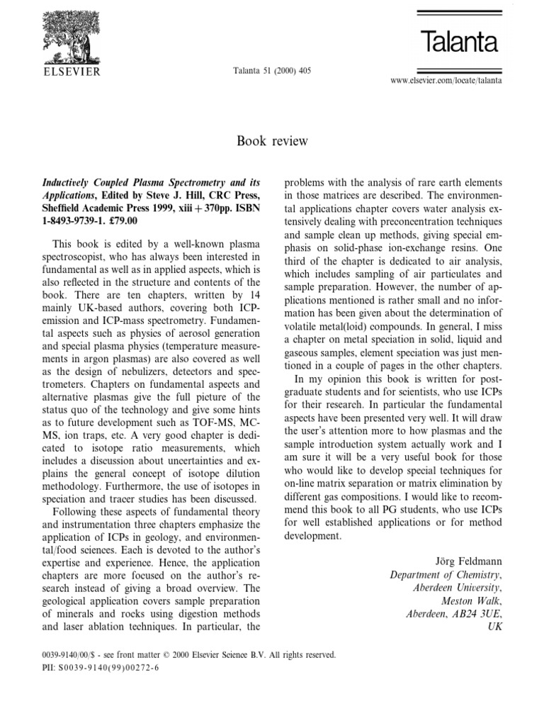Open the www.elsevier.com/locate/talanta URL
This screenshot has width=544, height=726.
click(446, 82)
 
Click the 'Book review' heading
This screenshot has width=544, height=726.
click(272, 141)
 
